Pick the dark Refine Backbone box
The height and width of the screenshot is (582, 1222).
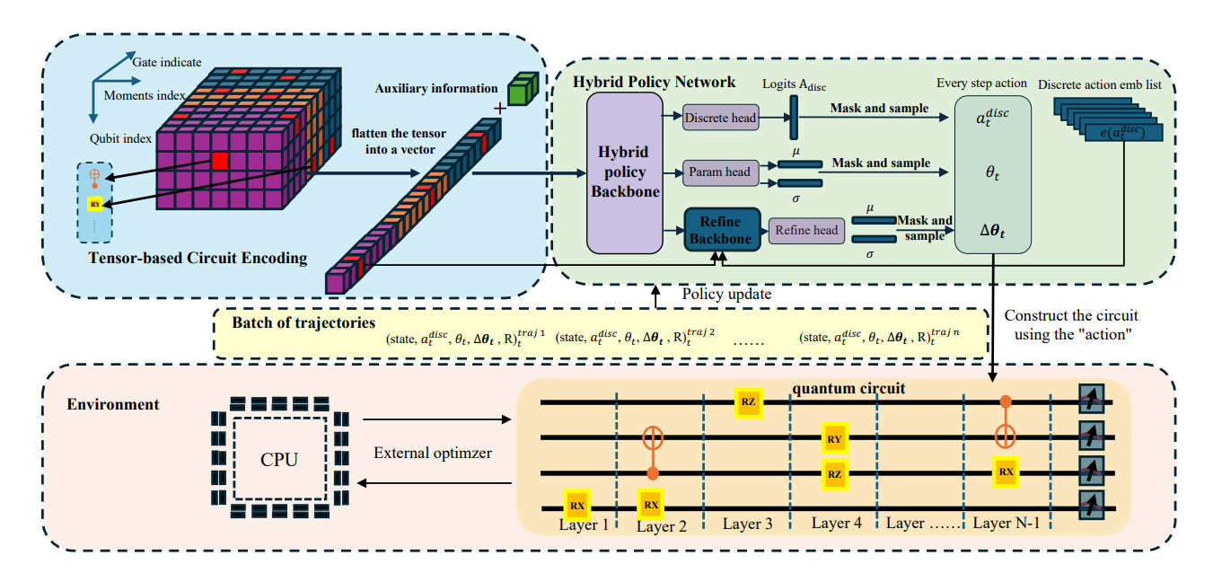click(x=721, y=230)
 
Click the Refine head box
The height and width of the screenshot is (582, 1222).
click(x=805, y=231)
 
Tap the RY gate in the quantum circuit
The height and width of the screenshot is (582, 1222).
click(x=834, y=439)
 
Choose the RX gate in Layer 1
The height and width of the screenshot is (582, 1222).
click(x=576, y=504)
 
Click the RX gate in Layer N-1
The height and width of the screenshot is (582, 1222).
click(x=1006, y=471)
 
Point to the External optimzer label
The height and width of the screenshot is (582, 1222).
click(x=433, y=453)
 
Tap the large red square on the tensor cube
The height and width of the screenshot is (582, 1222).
click(x=220, y=163)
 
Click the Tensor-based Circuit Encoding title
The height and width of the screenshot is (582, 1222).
click(x=198, y=259)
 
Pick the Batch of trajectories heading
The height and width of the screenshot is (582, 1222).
click(x=303, y=322)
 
